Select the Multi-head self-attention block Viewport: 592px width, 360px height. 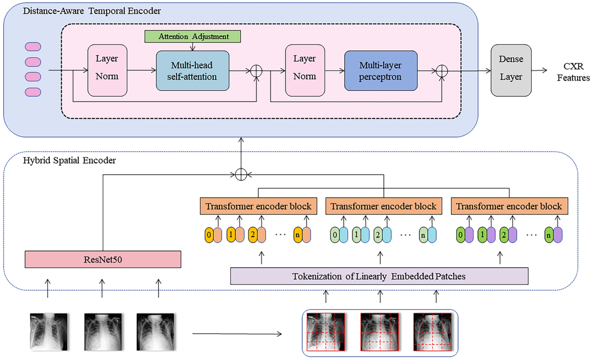[x=192, y=71]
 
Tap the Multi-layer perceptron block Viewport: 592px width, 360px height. [x=380, y=71]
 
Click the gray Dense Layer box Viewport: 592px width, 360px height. [x=511, y=71]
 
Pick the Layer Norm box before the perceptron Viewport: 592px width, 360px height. [x=304, y=71]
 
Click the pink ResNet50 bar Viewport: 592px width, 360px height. [x=103, y=259]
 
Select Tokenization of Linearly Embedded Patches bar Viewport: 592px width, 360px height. [x=379, y=276]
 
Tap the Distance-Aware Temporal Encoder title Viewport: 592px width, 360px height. [x=91, y=10]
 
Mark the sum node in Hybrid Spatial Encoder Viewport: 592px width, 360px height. [x=241, y=174]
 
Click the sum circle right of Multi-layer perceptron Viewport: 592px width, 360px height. [x=442, y=71]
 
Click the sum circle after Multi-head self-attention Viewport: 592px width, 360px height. [x=256, y=71]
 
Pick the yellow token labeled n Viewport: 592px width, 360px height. [x=297, y=235]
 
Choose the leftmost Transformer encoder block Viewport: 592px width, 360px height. [x=258, y=206]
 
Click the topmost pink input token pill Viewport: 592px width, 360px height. [x=33, y=47]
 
